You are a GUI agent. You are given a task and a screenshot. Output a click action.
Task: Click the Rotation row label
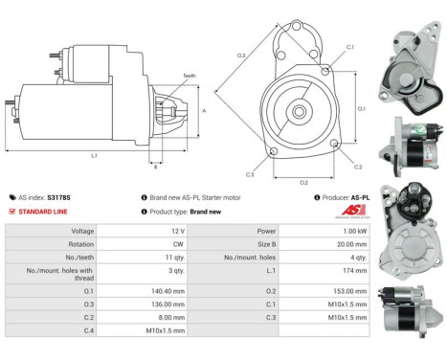[x=80, y=244]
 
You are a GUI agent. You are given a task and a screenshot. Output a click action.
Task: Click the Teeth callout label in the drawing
[x=190, y=77]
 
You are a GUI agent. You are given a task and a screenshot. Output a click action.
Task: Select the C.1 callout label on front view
[x=349, y=47]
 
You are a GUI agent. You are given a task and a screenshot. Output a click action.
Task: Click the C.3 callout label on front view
[x=249, y=174]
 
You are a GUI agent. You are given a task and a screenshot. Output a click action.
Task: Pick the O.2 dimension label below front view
[x=304, y=181]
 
